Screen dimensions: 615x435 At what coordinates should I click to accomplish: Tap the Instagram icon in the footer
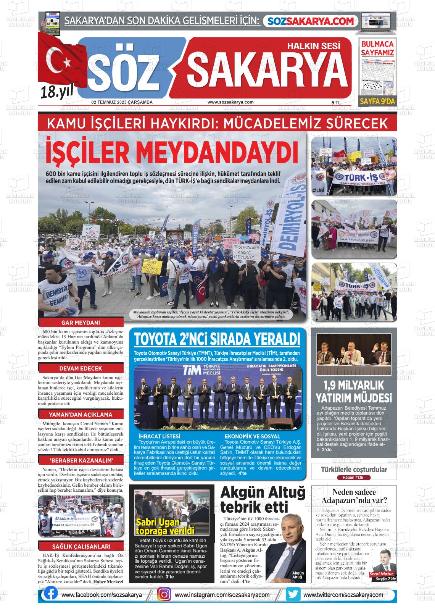click(164, 594)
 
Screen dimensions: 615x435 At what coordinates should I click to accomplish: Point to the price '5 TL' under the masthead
click(336, 103)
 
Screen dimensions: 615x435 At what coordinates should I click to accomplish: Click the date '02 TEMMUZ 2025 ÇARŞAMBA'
click(122, 102)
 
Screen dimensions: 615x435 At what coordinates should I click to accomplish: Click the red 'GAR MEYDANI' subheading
click(81, 323)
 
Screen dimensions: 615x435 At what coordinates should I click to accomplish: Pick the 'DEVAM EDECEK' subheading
click(81, 368)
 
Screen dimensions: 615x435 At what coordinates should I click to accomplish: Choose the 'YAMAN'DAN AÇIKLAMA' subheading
click(81, 415)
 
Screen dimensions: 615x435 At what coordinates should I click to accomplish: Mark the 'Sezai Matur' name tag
click(384, 574)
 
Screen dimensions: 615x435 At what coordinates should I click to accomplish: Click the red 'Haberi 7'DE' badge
click(354, 478)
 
